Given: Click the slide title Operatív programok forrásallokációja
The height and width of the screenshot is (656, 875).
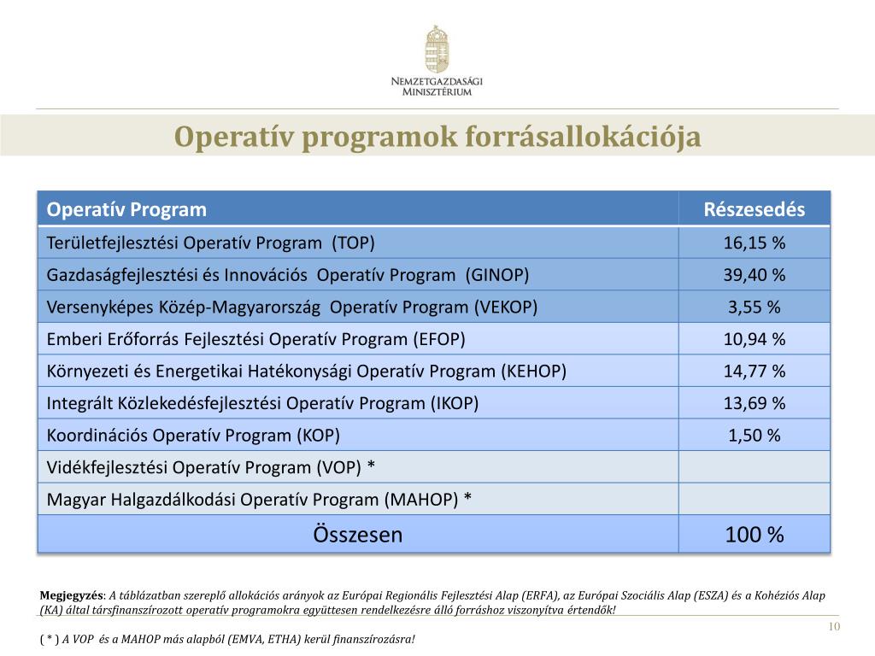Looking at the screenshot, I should tap(437, 137).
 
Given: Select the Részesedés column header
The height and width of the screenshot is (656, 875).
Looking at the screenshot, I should tap(754, 210).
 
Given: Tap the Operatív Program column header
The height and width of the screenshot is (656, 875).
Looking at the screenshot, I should tap(126, 210).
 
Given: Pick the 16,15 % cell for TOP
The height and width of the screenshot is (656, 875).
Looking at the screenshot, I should tap(754, 243).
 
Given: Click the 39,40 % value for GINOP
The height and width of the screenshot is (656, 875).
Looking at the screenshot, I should tap(754, 275).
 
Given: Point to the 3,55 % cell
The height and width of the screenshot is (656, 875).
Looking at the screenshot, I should tap(754, 307).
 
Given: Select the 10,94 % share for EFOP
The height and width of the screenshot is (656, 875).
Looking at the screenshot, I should tap(754, 339).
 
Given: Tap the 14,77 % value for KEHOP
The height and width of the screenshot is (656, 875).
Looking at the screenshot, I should tap(754, 372).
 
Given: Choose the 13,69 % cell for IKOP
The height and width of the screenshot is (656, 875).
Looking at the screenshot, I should tap(754, 403).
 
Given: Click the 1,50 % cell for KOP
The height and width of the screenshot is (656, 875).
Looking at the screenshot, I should tap(754, 436).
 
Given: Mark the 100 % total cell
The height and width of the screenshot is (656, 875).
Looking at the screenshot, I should tap(754, 536).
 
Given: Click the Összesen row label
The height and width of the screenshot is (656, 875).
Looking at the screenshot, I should tap(358, 536).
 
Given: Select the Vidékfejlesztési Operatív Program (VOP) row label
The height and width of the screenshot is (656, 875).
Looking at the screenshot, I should tap(211, 467).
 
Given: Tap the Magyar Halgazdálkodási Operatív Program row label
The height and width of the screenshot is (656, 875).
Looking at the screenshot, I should tap(259, 500).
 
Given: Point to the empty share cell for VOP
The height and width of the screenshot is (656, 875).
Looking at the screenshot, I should tap(754, 467).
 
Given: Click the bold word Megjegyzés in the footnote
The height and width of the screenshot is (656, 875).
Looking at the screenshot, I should tap(73, 595).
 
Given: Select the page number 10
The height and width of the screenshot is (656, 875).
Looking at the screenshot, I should tap(835, 629).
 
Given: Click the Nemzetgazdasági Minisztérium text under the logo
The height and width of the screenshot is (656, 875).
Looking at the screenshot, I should tap(437, 85).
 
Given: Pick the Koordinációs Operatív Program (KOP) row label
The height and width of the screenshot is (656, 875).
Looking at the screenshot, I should tap(193, 436).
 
